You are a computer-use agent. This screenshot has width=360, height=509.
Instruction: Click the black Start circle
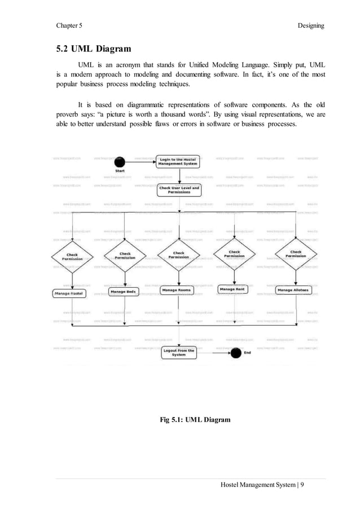point(120,161)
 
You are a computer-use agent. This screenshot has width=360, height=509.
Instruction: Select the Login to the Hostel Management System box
point(178,162)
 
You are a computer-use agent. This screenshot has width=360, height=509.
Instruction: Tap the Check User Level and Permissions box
point(179,190)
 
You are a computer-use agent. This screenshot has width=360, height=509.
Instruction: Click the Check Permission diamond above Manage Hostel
point(72,257)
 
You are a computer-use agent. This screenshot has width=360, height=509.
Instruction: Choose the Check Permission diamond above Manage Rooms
point(179,256)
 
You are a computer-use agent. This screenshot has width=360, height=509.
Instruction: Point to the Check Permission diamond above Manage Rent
point(234,254)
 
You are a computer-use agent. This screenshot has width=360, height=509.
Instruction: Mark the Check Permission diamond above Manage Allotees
point(296,254)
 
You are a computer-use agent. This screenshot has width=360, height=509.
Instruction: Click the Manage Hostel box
point(69,293)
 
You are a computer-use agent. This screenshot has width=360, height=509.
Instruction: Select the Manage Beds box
point(122,292)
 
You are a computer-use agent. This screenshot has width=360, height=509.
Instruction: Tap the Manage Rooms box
point(177,290)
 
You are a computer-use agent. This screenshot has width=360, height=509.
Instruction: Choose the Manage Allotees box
point(293,290)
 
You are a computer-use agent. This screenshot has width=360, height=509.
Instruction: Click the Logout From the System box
point(178,353)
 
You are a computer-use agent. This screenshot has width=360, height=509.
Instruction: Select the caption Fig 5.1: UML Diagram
point(196,419)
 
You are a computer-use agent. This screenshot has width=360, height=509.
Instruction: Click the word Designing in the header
point(309,25)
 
